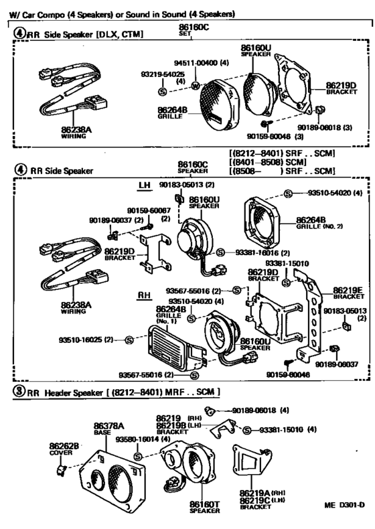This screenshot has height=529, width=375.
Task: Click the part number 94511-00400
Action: pyautogui.click(x=197, y=63)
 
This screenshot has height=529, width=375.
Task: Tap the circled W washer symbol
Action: pyautogui.click(x=196, y=86)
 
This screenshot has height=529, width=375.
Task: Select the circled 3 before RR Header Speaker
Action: pyautogui.click(x=19, y=391)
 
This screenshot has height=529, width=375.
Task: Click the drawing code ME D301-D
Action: pyautogui.click(x=344, y=505)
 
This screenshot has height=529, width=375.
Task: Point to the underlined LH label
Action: pyautogui.click(x=145, y=185)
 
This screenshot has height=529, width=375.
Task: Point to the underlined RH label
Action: pyautogui.click(x=144, y=295)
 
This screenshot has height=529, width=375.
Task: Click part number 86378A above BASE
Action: pyautogui.click(x=108, y=426)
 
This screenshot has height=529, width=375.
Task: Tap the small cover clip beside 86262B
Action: pyautogui.click(x=61, y=470)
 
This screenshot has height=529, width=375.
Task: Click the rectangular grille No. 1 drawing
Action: pyautogui.click(x=172, y=346)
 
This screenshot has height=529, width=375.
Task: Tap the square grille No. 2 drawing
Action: pyautogui.click(x=262, y=218)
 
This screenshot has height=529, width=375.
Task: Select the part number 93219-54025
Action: pyautogui.click(x=163, y=74)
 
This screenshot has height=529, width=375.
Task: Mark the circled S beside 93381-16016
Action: pyautogui.click(x=220, y=252)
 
